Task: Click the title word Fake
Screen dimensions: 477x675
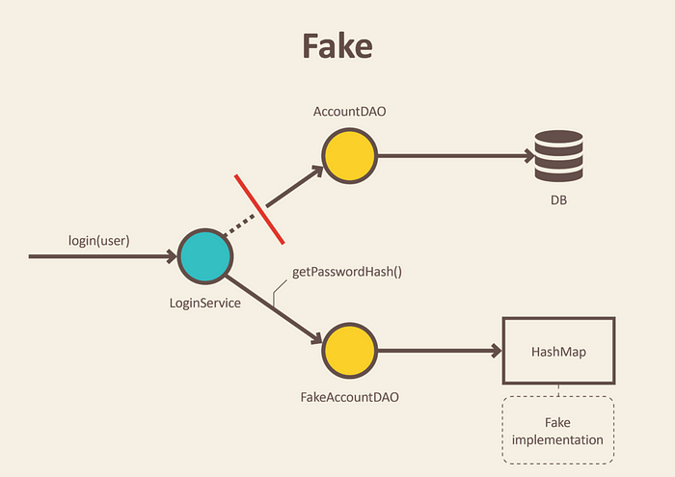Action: coord(337,45)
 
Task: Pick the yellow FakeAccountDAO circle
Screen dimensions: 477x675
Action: coord(349,351)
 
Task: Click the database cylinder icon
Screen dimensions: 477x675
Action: coord(559,154)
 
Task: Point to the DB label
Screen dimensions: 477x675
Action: coord(559,199)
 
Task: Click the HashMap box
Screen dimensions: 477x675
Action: coord(558,352)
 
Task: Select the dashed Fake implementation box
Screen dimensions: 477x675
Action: coord(558,429)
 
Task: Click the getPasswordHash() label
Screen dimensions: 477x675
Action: coord(347,273)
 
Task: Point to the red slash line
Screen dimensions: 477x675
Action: coord(258,209)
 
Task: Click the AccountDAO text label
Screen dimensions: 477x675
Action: coord(349,112)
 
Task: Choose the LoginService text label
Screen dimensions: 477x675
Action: coord(205,303)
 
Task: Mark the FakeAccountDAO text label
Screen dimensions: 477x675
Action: coord(349,396)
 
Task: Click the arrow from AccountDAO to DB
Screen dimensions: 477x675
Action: coord(453,155)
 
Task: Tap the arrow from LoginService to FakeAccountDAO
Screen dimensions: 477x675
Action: coord(275,307)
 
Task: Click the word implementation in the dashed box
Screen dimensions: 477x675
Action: coord(558,439)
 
